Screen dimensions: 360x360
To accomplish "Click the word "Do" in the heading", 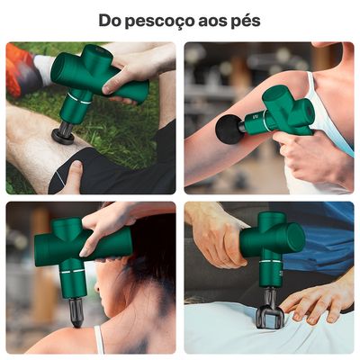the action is [x=109, y=20].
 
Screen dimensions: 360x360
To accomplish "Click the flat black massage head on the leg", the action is [x=63, y=137].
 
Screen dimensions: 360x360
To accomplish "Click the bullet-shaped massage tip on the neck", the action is [x=76, y=313].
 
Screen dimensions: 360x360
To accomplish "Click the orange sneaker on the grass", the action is [x=18, y=70].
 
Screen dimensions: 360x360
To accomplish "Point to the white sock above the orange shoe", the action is [x=45, y=68].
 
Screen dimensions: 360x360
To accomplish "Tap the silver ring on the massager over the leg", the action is [x=79, y=98].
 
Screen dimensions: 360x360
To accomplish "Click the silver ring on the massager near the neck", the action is [x=75, y=272].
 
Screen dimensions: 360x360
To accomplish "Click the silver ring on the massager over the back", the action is [x=271, y=262].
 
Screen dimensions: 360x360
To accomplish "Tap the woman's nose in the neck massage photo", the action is [x=96, y=286].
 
